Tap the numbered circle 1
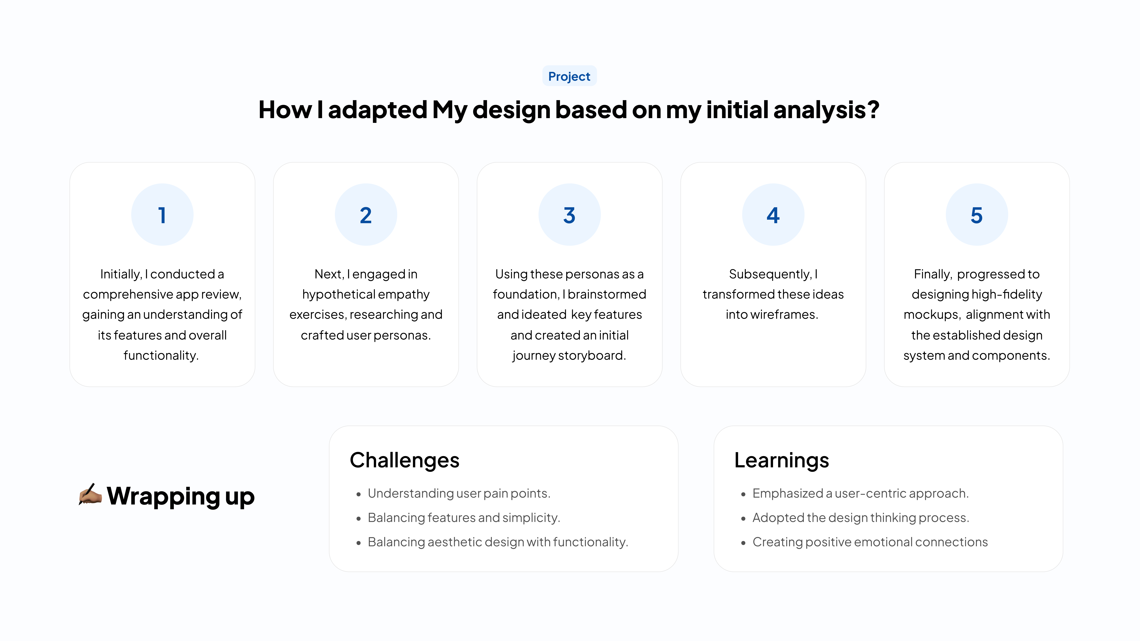pos(162,215)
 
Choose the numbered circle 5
pos(977,215)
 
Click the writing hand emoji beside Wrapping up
pos(90,495)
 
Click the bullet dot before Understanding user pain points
pos(358,494)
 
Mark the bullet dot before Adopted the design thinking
pos(744,518)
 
